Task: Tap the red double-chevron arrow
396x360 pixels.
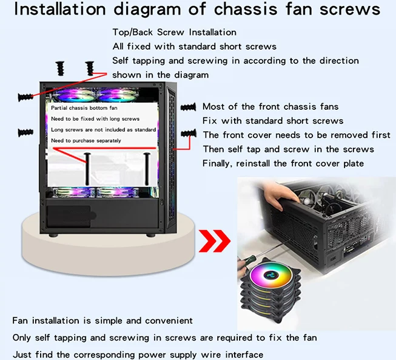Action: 215,241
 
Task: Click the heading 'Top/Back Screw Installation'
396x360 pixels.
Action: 174,32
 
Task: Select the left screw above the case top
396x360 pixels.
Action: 61,69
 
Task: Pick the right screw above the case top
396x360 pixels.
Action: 90,69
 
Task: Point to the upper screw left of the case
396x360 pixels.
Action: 25,97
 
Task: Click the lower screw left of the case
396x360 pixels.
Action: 25,132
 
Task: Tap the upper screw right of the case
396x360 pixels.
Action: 189,107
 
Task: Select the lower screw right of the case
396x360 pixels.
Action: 189,133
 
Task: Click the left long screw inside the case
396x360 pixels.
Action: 87,169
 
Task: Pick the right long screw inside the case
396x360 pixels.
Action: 147,169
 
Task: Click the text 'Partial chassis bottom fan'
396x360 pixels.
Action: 84,108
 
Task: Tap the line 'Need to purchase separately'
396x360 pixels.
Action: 86,141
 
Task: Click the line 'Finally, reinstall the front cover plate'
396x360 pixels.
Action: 283,163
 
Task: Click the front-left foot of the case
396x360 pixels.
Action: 53,236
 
